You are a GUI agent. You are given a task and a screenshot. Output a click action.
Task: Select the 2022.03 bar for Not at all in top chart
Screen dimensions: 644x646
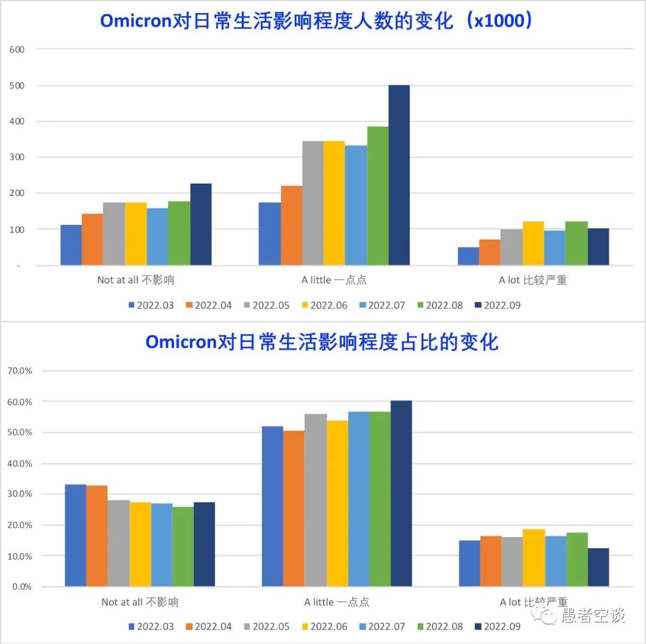tap(71, 245)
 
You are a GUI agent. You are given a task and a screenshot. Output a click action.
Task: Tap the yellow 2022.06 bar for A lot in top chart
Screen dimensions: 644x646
tap(533, 243)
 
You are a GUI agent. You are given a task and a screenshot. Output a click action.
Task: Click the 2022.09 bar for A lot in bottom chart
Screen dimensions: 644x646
tap(598, 567)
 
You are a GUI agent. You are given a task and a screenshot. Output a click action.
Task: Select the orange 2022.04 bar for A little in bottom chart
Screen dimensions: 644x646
tap(294, 508)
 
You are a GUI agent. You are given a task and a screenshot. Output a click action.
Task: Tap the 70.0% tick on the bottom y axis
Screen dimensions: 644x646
tap(20, 371)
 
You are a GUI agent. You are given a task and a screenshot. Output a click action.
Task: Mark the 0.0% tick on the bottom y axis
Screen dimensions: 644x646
tap(22, 587)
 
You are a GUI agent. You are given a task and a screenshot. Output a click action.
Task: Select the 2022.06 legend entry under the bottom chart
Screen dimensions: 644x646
tap(324, 627)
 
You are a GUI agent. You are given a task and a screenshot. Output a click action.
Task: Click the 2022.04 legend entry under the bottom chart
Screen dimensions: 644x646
tap(208, 627)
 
